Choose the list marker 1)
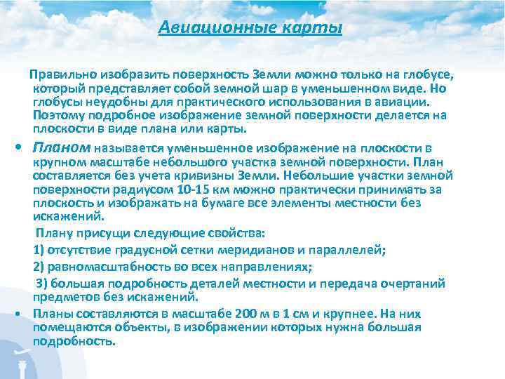point(39,250)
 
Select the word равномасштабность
point(105,267)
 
